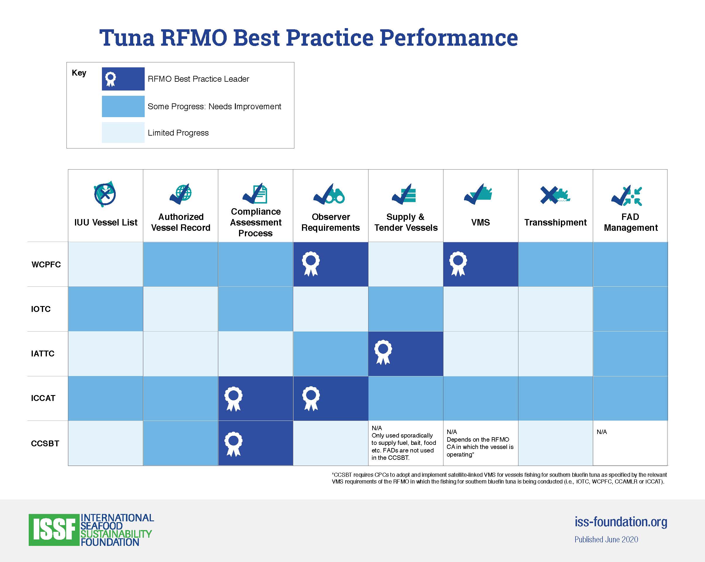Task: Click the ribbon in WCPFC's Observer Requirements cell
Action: tap(311, 264)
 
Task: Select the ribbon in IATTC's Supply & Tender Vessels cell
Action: tap(383, 352)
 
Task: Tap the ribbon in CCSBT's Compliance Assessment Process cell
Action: tap(233, 444)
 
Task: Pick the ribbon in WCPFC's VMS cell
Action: tap(458, 264)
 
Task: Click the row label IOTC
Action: tap(41, 309)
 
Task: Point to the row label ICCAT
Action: tap(43, 398)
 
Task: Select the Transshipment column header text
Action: tap(555, 222)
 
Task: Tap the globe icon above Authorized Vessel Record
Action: tap(184, 193)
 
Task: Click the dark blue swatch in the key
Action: tap(123, 79)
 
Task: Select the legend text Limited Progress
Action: tap(178, 133)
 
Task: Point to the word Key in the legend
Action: tap(79, 73)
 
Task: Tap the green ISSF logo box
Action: tap(54, 529)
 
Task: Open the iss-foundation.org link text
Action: tap(621, 522)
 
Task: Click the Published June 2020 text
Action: tap(606, 539)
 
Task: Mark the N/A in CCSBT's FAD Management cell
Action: tap(602, 432)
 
